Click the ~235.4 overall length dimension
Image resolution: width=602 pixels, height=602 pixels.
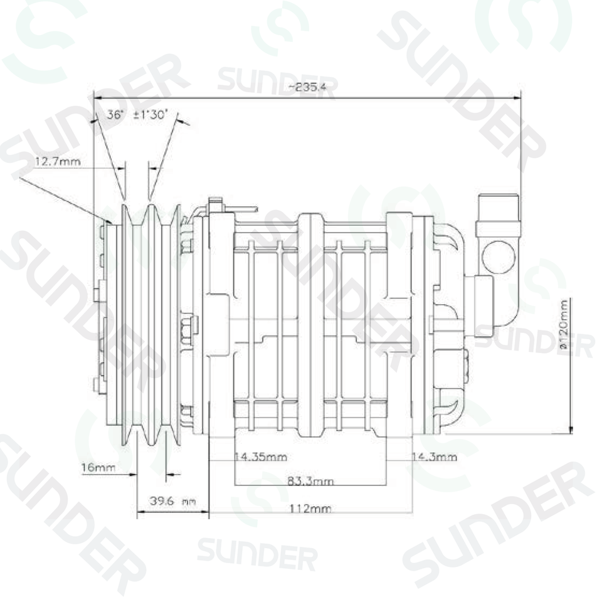307,87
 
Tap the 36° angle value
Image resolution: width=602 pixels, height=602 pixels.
115,114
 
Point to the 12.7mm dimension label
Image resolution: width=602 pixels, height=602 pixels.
58,161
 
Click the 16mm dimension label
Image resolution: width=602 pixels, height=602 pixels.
98,467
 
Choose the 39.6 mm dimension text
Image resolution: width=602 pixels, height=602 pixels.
173,500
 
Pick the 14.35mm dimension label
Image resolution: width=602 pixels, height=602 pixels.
261,457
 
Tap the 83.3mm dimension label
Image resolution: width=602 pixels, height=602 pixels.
310,481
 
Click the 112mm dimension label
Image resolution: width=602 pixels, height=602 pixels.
310,509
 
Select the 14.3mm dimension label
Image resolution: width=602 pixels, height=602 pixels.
434,457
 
